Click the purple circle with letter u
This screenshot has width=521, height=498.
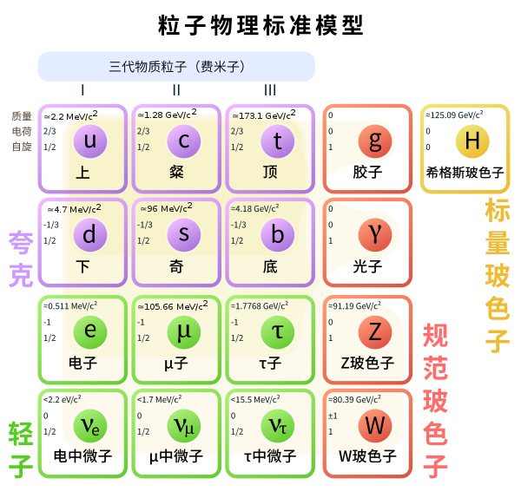pyautogui.click(x=90, y=141)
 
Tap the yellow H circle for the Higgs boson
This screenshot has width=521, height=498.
pyautogui.click(x=472, y=141)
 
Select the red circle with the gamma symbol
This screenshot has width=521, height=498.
pyautogui.click(x=375, y=235)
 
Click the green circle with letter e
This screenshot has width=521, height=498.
pyautogui.click(x=90, y=332)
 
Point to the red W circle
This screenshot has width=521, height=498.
pyautogui.click(x=375, y=426)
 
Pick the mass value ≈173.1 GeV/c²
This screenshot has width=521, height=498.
pyautogui.click(x=264, y=115)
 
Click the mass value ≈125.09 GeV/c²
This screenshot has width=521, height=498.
pyautogui.click(x=454, y=115)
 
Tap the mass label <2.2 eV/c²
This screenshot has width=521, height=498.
pyautogui.click(x=63, y=399)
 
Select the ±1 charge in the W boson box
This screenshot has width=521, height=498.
pyautogui.click(x=333, y=416)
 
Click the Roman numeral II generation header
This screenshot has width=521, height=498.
pyautogui.click(x=176, y=90)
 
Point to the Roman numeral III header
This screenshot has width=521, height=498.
pyautogui.click(x=270, y=90)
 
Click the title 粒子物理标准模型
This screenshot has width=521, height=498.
pyautogui.click(x=260, y=25)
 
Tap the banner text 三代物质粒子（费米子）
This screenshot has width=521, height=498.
pyautogui.click(x=177, y=67)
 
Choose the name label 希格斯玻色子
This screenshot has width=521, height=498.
pyautogui.click(x=465, y=173)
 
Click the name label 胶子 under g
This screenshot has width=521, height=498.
pyautogui.click(x=367, y=173)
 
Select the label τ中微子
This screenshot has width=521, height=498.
pyautogui.click(x=270, y=456)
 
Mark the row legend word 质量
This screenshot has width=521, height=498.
pyautogui.click(x=22, y=116)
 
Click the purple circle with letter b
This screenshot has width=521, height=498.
pyautogui.click(x=278, y=235)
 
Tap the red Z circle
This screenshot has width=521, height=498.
pyautogui.click(x=375, y=332)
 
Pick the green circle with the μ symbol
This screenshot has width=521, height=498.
pyautogui.click(x=184, y=332)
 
